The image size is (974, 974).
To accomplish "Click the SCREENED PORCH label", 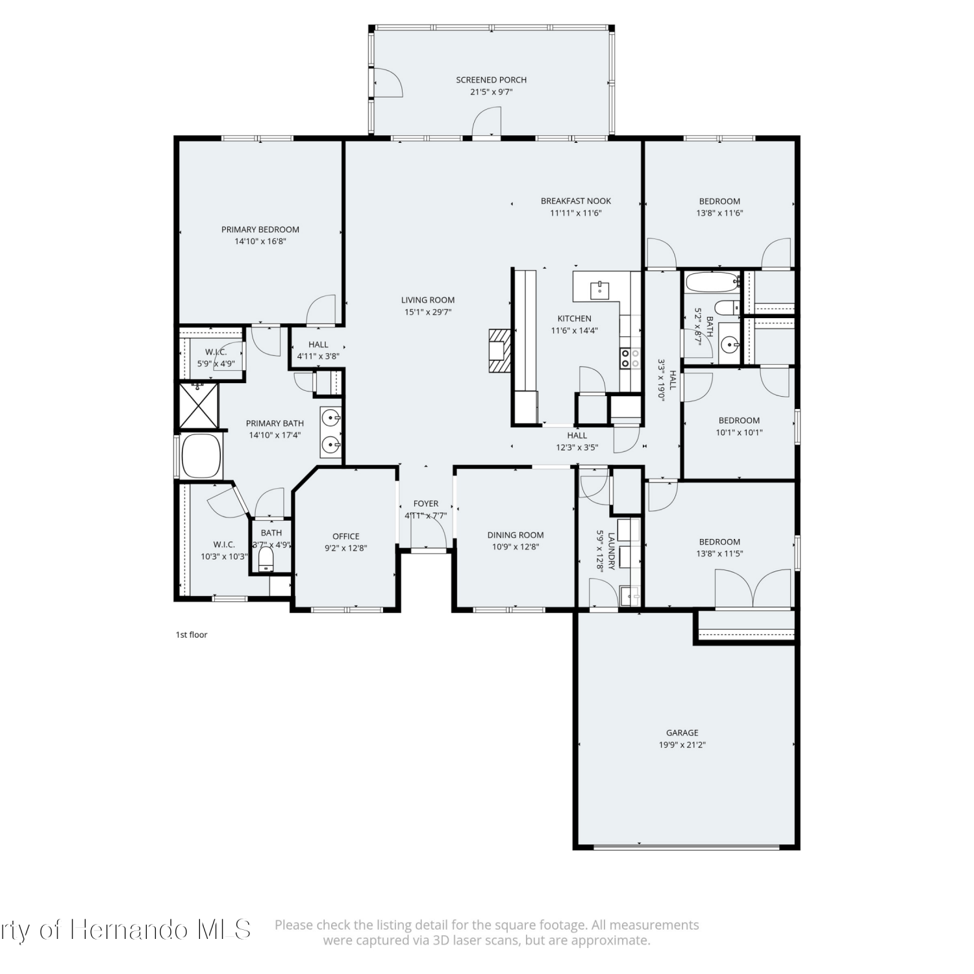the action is click(x=491, y=80).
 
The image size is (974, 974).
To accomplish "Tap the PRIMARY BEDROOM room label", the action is click(x=260, y=229).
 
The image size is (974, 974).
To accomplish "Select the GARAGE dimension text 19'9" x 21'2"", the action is click(x=682, y=745).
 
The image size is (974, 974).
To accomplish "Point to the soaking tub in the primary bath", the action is click(x=202, y=456).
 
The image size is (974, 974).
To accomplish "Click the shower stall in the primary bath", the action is click(x=199, y=406).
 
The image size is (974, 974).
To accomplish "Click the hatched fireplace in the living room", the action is click(x=500, y=351).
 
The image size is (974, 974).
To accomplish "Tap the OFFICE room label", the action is click(x=346, y=536).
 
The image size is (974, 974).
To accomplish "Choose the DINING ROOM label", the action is click(x=516, y=535).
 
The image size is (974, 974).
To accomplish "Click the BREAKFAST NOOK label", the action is click(x=576, y=201).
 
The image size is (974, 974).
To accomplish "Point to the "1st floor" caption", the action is click(x=192, y=634).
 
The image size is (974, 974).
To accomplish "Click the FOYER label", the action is click(x=426, y=503).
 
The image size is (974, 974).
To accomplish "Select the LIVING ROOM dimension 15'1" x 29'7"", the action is click(x=428, y=312).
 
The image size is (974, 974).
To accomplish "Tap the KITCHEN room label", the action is click(x=575, y=318).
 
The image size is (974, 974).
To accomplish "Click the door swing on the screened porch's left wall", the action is click(x=389, y=82).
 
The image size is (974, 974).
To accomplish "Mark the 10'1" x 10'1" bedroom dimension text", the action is click(x=739, y=432).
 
